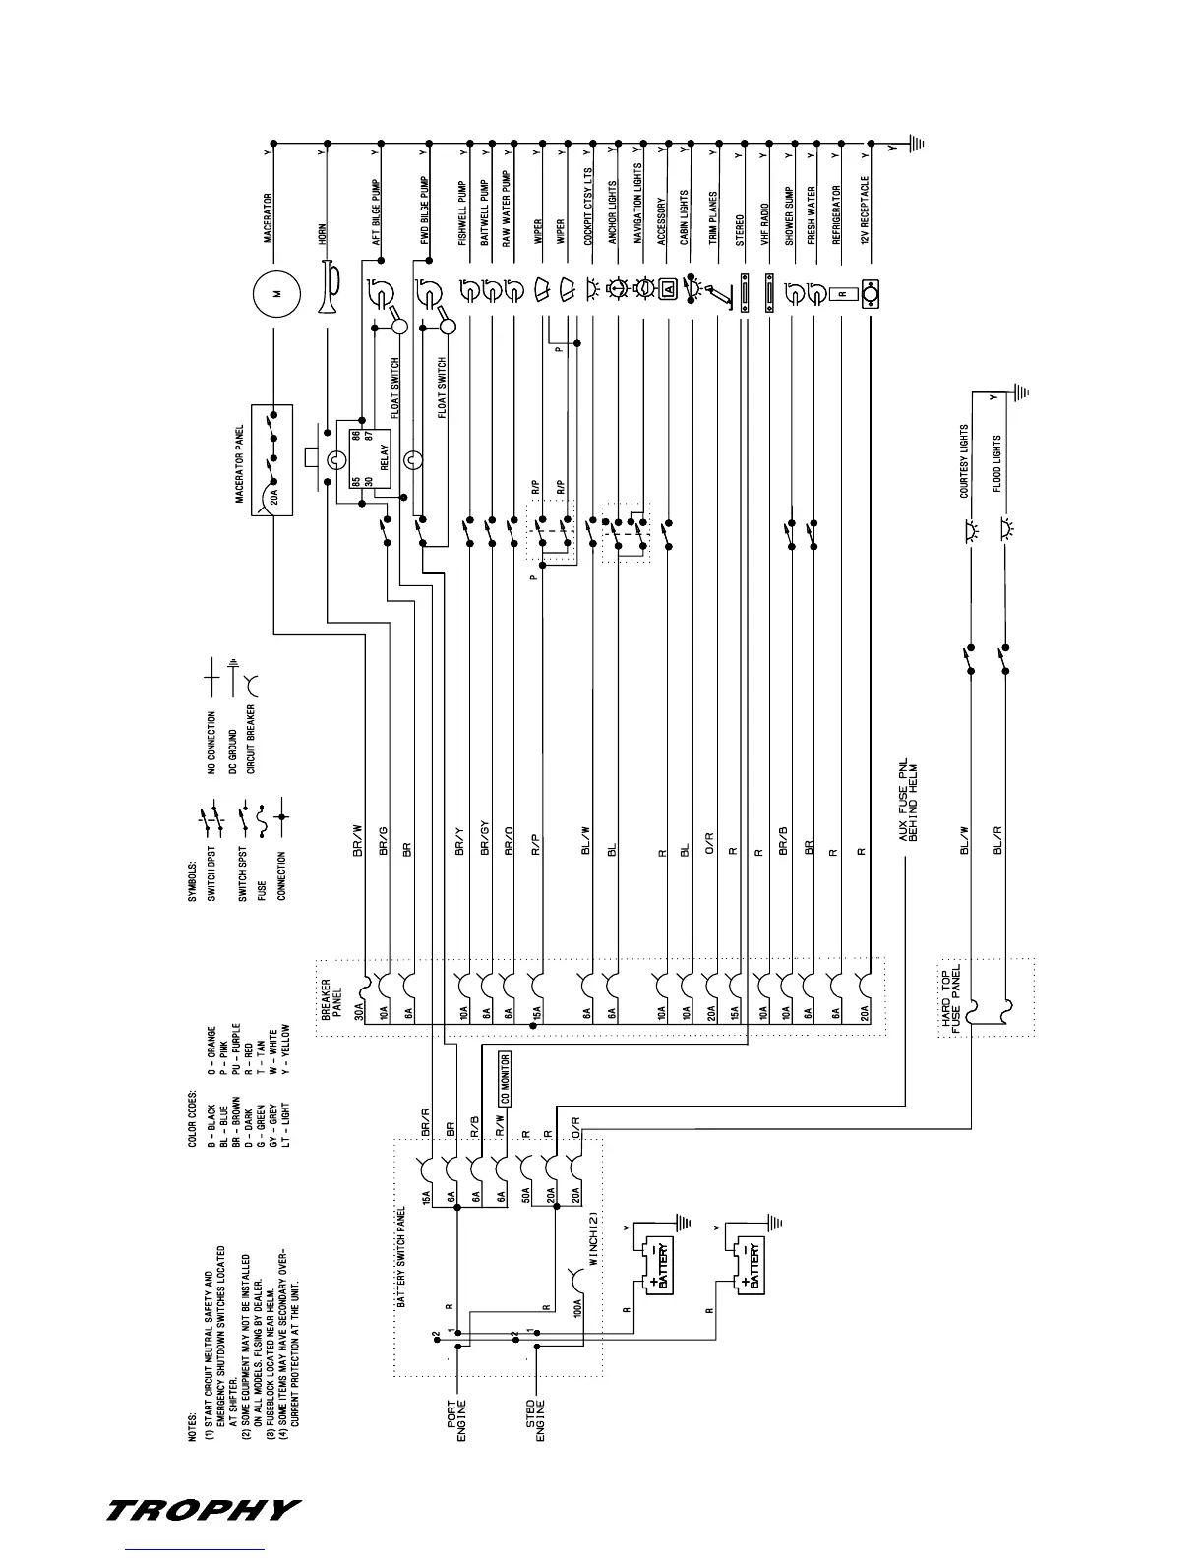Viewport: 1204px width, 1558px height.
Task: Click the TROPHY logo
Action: pyautogui.click(x=203, y=1509)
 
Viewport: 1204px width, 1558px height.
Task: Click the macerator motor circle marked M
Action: pyautogui.click(x=275, y=293)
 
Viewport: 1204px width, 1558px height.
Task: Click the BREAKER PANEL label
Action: pyautogui.click(x=332, y=1001)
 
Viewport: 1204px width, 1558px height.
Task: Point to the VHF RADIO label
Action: pyautogui.click(x=764, y=224)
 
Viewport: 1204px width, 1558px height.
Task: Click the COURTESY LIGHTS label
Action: pyautogui.click(x=964, y=461)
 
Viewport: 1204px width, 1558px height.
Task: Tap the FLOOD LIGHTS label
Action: pyautogui.click(x=997, y=463)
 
